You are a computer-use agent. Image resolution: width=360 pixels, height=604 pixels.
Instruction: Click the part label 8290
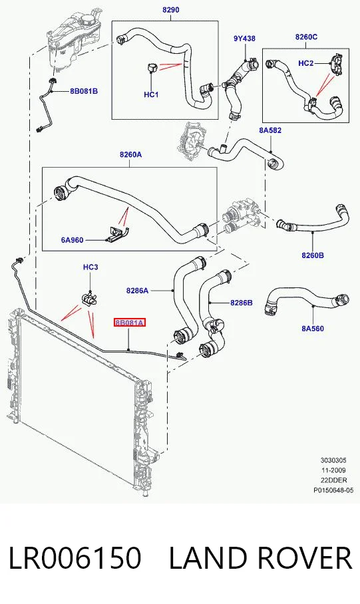pos(170,9)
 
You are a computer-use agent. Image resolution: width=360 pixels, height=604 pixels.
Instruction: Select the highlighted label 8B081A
pos(130,323)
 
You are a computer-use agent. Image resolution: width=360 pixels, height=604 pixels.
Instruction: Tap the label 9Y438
pos(244,39)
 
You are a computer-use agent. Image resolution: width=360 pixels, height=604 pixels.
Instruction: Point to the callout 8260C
pos(306,37)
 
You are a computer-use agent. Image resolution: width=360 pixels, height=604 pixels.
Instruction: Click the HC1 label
pos(151,94)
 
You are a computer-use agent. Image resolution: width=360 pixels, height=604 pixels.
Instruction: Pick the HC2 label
pos(306,63)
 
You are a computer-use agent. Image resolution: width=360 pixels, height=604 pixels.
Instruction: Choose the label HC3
pos(90,267)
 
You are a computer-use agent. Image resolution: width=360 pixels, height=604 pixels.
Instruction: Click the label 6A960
pos(72,240)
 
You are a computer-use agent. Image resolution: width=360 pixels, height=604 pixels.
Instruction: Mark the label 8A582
pos(270,130)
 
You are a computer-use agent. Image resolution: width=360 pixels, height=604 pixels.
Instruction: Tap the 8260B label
pos(313,255)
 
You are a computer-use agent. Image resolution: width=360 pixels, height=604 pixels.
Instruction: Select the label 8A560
pos(313,329)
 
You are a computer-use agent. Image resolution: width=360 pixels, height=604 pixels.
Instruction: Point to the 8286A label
pos(137,291)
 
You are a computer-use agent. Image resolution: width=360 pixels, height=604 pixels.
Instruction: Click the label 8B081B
pos(84,91)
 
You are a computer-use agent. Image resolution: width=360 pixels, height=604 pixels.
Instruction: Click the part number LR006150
pos(75,558)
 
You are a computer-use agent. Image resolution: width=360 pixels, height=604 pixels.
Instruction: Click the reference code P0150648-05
pos(333,490)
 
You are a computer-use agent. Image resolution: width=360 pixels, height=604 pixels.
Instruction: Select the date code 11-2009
pos(333,470)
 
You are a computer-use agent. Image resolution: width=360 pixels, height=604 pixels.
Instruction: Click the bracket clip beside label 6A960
pos(118,234)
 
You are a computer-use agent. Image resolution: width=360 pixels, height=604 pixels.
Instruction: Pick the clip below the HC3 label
pos(90,299)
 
